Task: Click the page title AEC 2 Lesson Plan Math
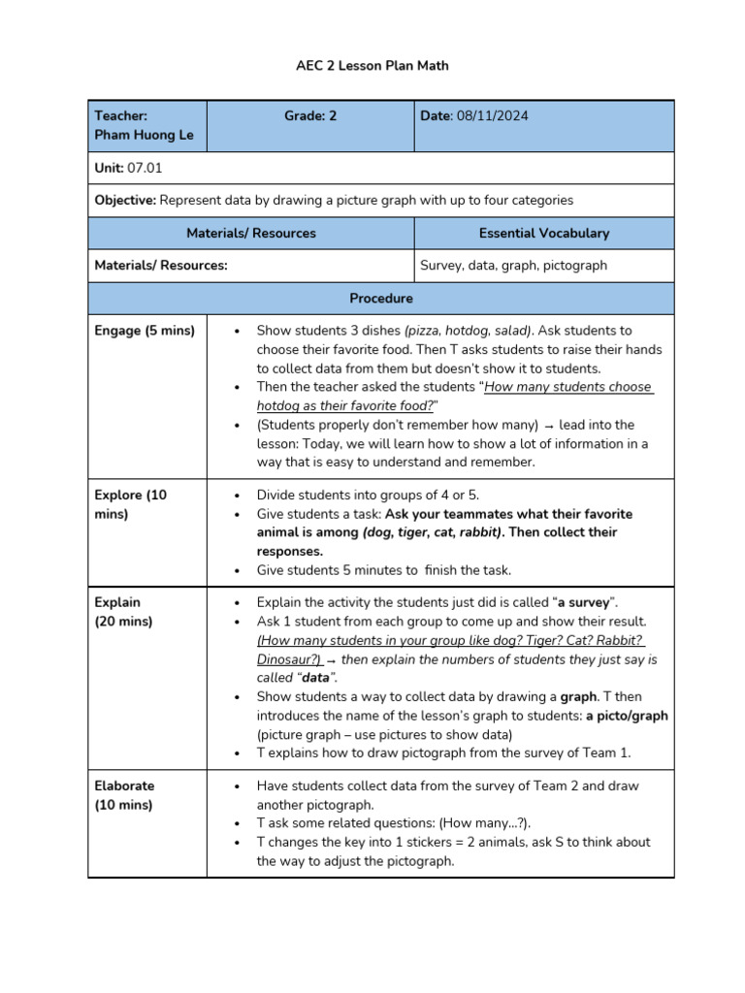[372, 66]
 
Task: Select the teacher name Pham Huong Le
[144, 135]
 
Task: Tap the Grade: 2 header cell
[310, 115]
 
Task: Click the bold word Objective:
[125, 200]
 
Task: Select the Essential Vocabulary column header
[543, 233]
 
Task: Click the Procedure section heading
[381, 298]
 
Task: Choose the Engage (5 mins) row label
[145, 331]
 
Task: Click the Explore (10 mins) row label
[131, 504]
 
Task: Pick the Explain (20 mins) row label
[123, 611]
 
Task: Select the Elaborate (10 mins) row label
[124, 795]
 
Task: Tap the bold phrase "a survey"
[587, 602]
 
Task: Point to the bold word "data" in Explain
[315, 678]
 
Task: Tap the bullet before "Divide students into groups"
[238, 495]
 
